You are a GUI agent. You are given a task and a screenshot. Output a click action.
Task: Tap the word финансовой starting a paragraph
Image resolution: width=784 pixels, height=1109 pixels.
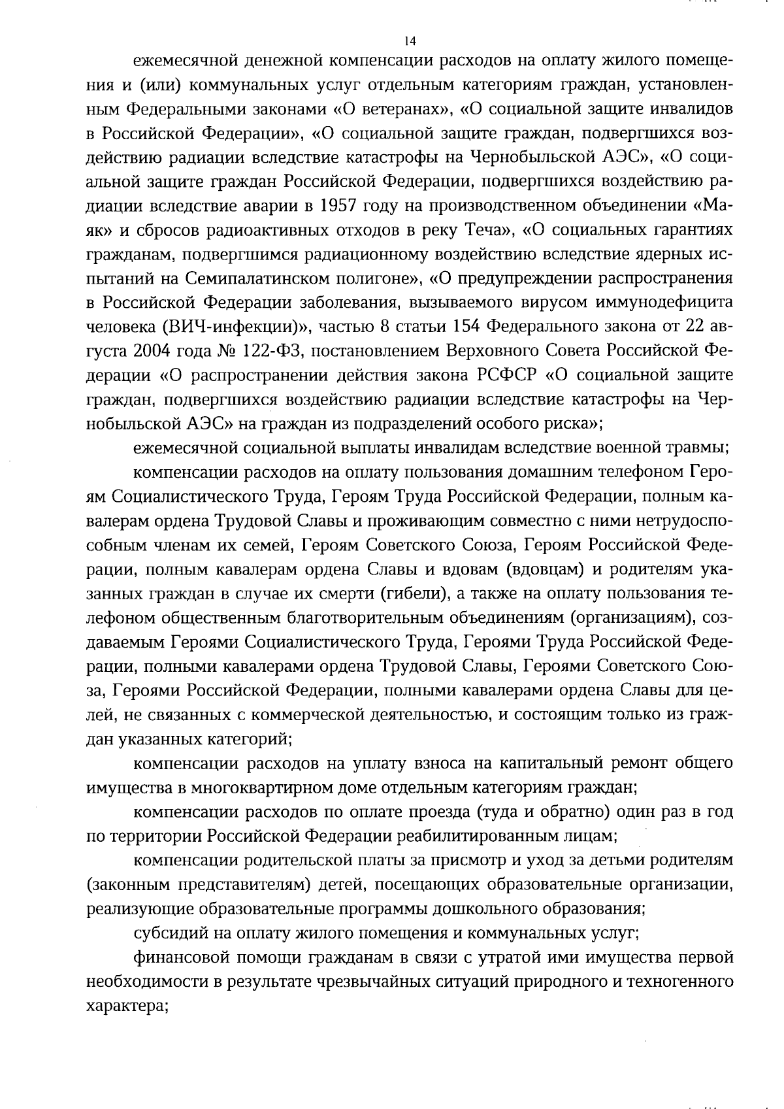(176, 958)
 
